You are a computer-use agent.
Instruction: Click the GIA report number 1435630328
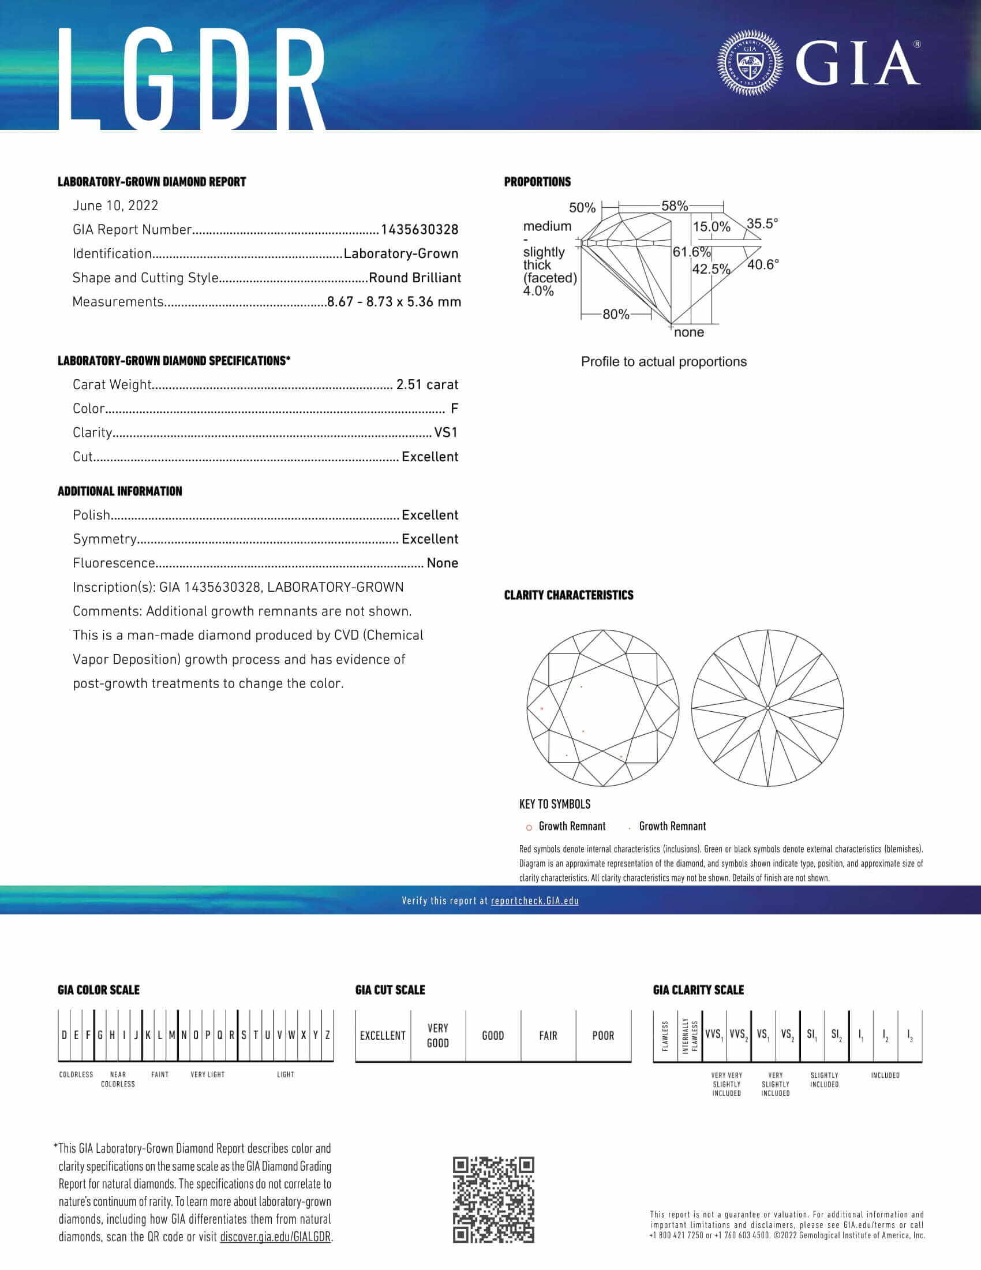(419, 230)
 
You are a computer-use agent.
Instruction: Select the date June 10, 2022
(115, 206)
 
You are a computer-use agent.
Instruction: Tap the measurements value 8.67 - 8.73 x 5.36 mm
(394, 302)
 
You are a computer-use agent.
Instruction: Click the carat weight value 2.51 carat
(426, 384)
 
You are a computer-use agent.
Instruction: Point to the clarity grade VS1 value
(445, 432)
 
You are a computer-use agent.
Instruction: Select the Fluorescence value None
(442, 563)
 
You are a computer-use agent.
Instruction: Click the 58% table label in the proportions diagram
(674, 206)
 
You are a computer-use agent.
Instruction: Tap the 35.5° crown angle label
(762, 223)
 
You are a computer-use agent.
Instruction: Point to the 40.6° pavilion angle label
(762, 264)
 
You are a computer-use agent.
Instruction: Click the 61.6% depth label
(691, 252)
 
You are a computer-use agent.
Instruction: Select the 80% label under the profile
(616, 315)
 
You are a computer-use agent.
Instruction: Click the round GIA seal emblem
(750, 63)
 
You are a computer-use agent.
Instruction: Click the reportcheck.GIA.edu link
(534, 901)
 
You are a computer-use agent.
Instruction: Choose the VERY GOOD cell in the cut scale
(437, 1036)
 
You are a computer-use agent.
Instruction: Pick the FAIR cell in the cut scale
(548, 1036)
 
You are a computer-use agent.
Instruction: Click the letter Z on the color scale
(328, 1036)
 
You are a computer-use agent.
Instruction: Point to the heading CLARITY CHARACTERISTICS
(568, 596)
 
